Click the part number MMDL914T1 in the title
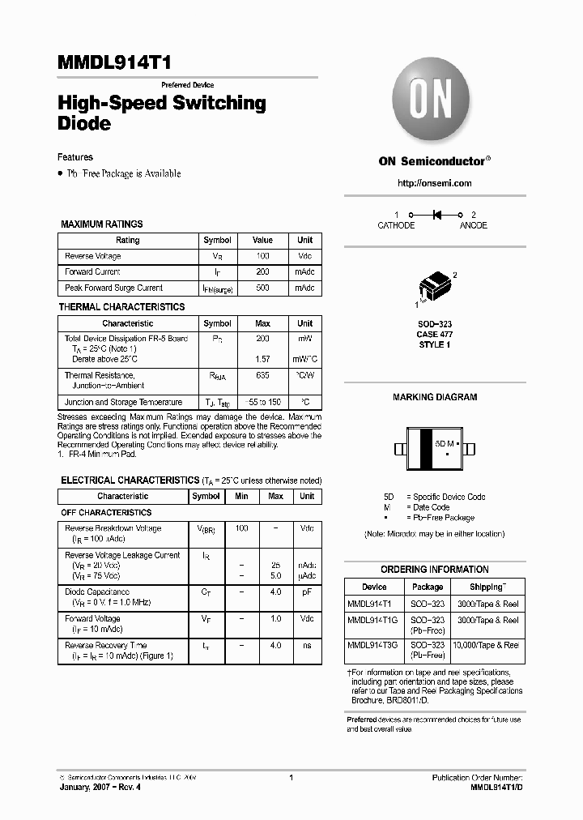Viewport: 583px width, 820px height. click(x=113, y=63)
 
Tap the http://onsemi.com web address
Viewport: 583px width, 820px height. click(x=435, y=183)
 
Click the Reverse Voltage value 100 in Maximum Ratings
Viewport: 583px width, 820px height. click(x=262, y=256)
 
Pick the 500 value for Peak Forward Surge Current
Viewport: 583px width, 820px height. click(x=262, y=288)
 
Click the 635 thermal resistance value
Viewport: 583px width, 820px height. click(x=262, y=375)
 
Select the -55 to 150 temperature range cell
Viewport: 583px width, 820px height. click(x=262, y=402)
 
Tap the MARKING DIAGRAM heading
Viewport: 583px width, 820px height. click(x=435, y=397)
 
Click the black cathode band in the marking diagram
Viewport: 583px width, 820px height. click(x=423, y=449)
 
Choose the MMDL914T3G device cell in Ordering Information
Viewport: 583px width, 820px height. click(x=374, y=645)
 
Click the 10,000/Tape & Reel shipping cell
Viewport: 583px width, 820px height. click(x=487, y=645)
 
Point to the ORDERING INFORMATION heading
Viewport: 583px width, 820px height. click(x=435, y=569)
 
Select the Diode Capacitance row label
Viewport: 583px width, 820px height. click(x=97, y=592)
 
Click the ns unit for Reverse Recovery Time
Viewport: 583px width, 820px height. click(x=307, y=645)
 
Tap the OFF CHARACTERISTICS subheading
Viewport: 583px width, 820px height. click(x=106, y=512)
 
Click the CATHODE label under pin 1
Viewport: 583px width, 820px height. click(x=396, y=225)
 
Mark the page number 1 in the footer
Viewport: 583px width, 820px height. click(x=291, y=777)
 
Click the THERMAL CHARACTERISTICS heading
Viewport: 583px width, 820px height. click(x=121, y=307)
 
